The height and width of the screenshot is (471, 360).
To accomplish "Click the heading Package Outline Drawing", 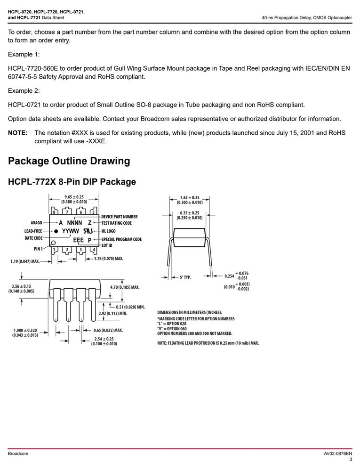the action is pos(69,161).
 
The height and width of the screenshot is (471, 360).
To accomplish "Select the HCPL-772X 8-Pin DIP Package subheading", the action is pos(72,182).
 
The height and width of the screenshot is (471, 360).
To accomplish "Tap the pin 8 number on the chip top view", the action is pos(54,212).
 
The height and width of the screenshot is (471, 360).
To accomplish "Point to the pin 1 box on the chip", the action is pos(55,250).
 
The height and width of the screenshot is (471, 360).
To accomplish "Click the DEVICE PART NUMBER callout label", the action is pos(120,217).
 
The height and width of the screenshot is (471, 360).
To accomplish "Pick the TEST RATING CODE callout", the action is pos(116,223).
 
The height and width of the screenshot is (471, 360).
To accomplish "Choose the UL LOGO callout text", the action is pos(108,231).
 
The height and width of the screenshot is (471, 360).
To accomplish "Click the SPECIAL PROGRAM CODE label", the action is pos(121,239).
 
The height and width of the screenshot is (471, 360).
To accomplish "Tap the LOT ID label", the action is pos(107,245).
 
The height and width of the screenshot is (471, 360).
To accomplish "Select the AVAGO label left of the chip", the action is pos(36,223).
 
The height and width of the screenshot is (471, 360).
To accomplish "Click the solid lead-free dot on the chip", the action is pos(56,231).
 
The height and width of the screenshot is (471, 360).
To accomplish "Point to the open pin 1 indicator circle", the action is pos(54,243).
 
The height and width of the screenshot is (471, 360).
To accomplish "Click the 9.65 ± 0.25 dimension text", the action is pos(74,197).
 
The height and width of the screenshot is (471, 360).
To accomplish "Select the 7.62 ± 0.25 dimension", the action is pos(190,198).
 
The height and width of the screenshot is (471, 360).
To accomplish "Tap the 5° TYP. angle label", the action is pos(185,277).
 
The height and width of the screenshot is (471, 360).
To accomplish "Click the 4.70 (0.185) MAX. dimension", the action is pos(125,287).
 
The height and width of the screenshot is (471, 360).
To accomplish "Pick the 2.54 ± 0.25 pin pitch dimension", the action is pos(104,339).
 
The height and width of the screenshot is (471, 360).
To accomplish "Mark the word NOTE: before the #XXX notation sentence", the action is pos(18,133).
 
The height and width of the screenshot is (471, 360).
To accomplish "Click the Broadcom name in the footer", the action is pos(18,453).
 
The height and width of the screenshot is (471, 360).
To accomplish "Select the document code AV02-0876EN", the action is pos(338,453).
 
